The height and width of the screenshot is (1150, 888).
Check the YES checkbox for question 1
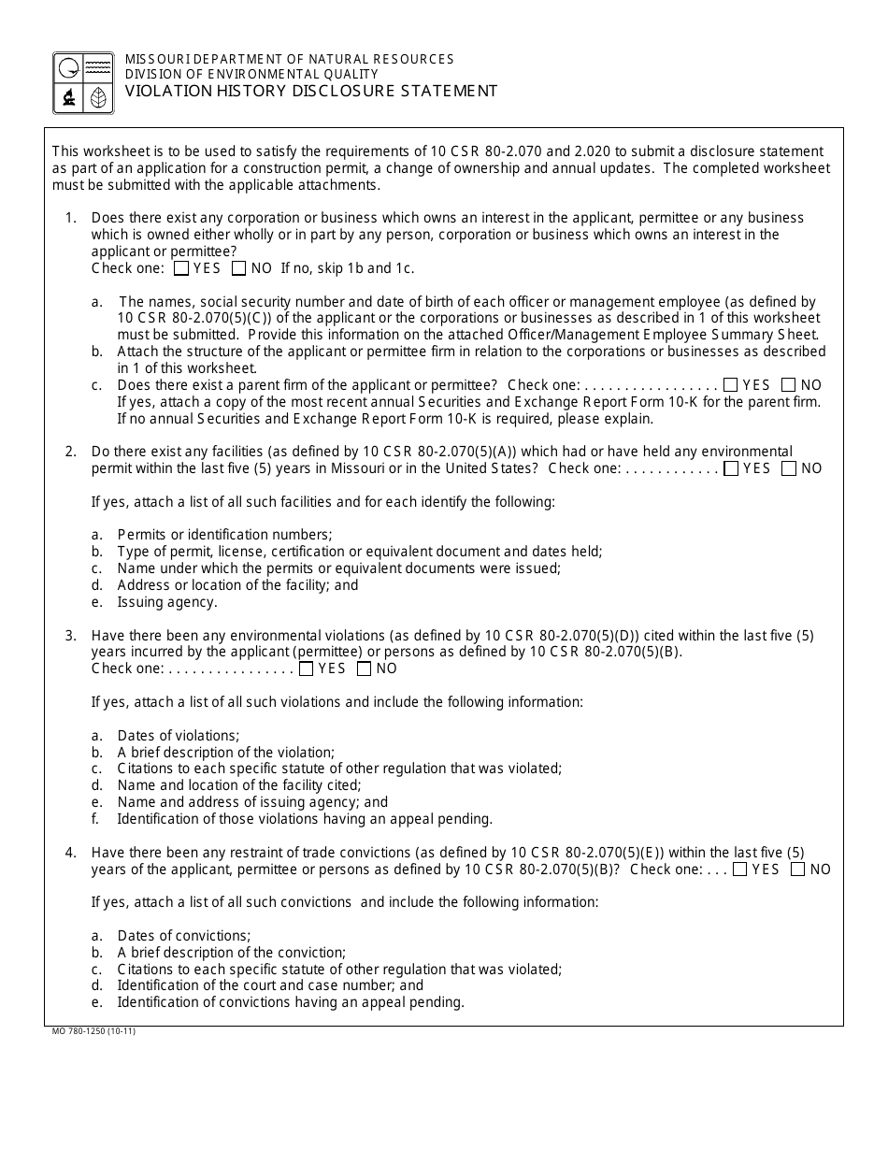pos(181,268)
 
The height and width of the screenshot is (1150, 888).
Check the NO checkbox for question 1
pos(239,268)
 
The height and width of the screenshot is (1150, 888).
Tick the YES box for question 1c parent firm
pos(731,384)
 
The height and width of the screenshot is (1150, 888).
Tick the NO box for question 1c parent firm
pos(789,384)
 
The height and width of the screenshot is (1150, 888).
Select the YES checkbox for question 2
pos(731,468)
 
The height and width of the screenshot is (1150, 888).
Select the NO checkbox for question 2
pos(789,468)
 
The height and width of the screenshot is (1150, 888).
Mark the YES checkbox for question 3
pos(307,668)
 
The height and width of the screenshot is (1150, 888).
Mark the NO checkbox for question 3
pos(365,668)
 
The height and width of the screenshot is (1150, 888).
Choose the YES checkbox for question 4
pos(740,870)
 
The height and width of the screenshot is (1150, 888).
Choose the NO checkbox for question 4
pos(797,870)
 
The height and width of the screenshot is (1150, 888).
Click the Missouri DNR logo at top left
pos(83,83)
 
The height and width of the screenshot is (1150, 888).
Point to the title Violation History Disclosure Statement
pos(311,91)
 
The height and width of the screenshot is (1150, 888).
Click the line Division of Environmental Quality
pos(251,74)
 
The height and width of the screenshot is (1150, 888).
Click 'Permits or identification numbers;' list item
pos(224,535)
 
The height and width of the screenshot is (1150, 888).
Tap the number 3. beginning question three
pos(70,636)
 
